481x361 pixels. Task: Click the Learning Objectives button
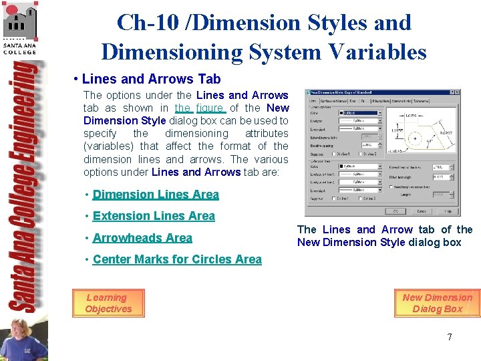point(108,304)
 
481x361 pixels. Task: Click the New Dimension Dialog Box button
point(437,304)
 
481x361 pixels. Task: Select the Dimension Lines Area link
point(156,195)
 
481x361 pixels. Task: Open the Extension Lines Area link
point(154,216)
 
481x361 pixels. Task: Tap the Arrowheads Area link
point(142,238)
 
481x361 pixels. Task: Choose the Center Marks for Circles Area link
point(177,259)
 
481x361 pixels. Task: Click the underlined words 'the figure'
point(200,108)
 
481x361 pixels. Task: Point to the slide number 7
point(450,337)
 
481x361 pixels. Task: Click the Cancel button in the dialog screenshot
point(421,211)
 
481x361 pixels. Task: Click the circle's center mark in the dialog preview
point(415,139)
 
